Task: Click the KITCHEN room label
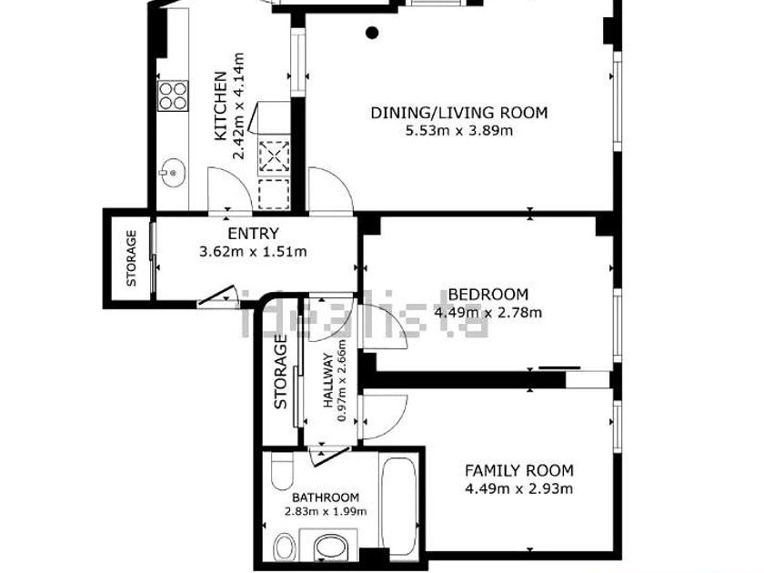click(221, 106)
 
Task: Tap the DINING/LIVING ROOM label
click(459, 113)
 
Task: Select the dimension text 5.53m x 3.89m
click(459, 131)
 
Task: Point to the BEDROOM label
click(488, 295)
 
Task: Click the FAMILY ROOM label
click(519, 471)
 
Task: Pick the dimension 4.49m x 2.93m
click(519, 488)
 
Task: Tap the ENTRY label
click(253, 234)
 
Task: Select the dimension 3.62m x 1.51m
click(253, 251)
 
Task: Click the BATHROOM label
click(326, 498)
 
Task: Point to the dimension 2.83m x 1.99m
click(326, 511)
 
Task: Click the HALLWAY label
click(328, 380)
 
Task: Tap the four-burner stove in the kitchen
click(173, 96)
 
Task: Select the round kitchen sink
click(173, 173)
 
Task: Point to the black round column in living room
click(372, 33)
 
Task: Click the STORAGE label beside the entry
click(132, 258)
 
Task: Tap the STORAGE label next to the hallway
click(280, 372)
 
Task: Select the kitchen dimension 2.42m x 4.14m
click(238, 106)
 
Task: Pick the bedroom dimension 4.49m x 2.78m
click(488, 312)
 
